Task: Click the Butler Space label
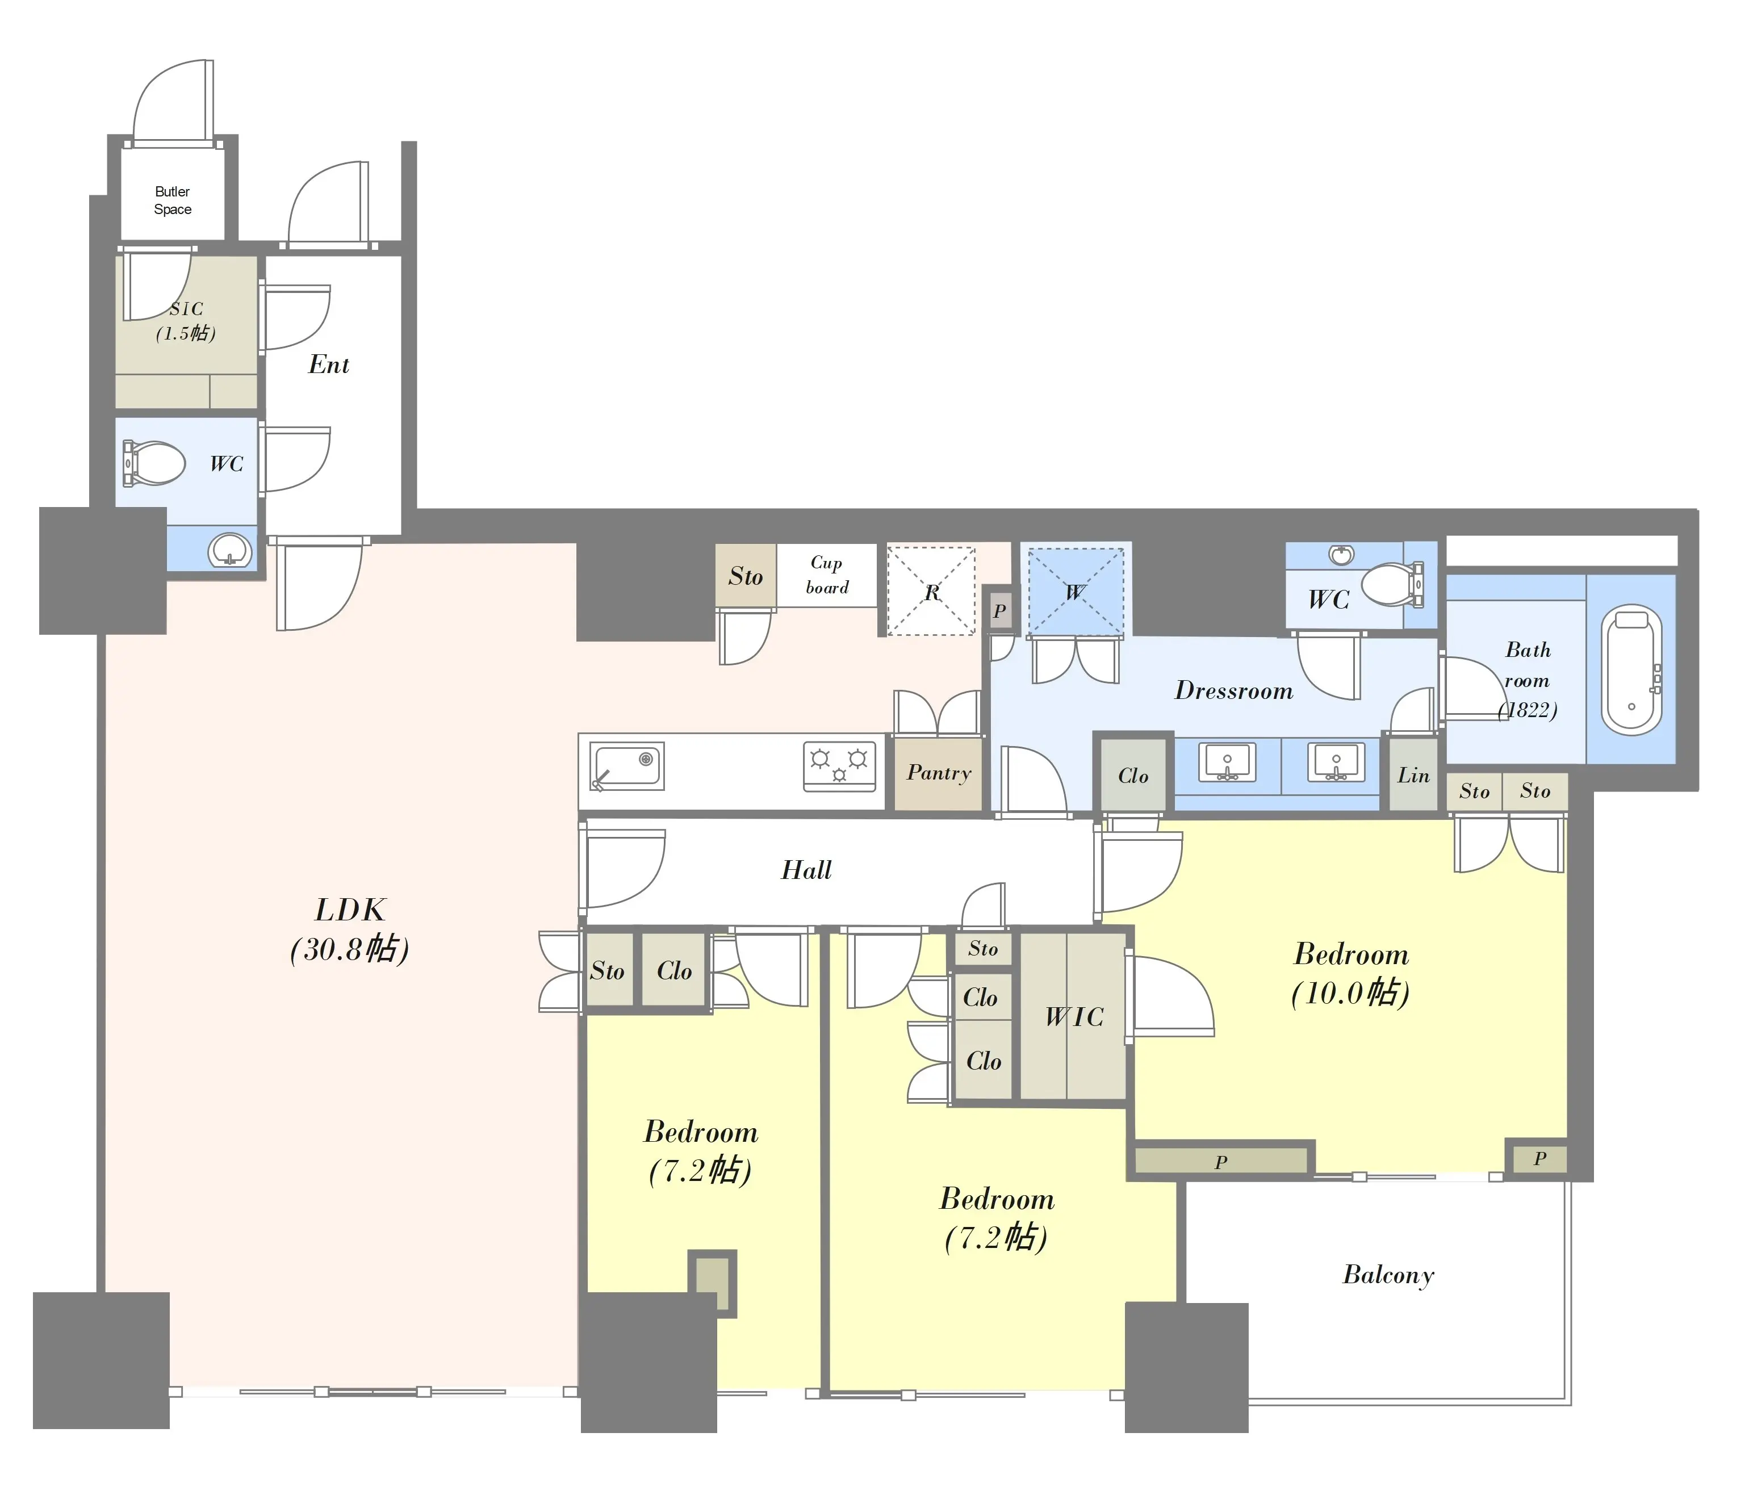tap(172, 200)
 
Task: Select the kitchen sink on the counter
tap(626, 765)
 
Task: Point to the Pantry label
tap(939, 773)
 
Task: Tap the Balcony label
tap(1388, 1275)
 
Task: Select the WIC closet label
tap(1074, 1017)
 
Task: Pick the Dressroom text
tap(1234, 690)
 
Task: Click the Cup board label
tap(826, 575)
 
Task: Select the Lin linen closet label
tap(1413, 776)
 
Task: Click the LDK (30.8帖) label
tap(350, 930)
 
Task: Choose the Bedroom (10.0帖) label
tap(1351, 974)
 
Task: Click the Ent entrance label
tap(329, 364)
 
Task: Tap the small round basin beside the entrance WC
tap(230, 551)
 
